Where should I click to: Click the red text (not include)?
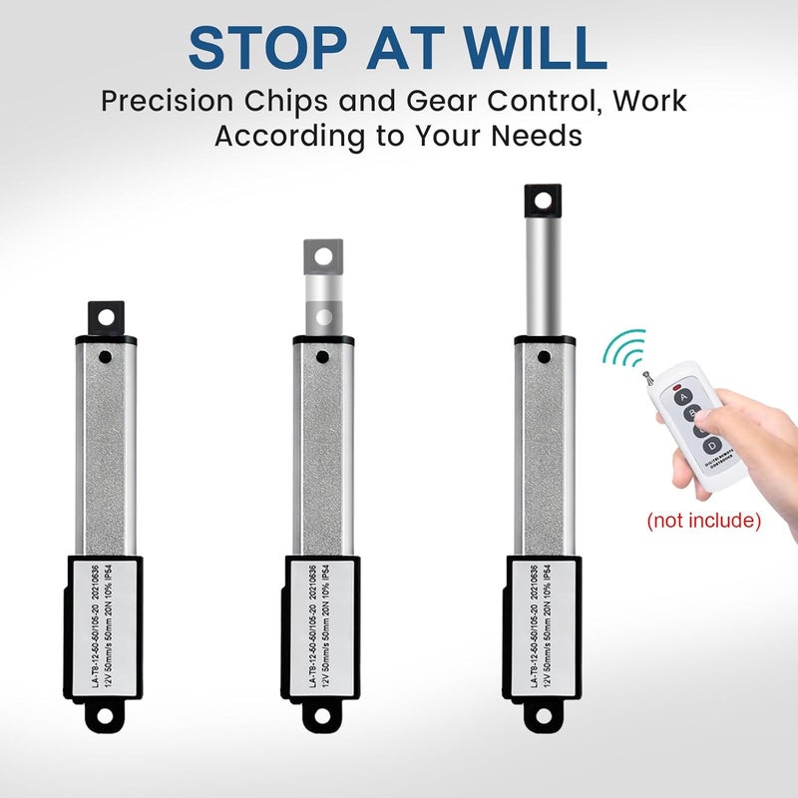click(x=703, y=521)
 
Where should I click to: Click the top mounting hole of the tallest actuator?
click(x=542, y=199)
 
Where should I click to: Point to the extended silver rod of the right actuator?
click(x=542, y=274)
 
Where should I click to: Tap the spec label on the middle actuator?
click(x=322, y=625)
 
